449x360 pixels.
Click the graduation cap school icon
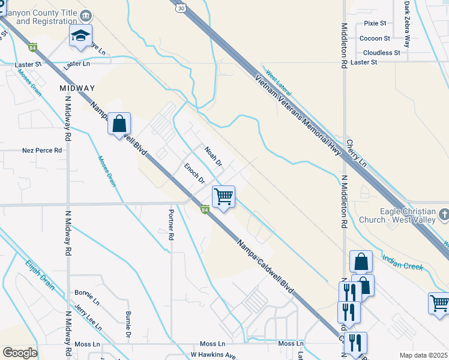[80, 37]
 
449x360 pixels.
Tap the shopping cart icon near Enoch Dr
[223, 196]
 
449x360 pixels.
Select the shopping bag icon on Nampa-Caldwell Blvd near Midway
[119, 124]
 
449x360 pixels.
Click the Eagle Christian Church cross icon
[443, 214]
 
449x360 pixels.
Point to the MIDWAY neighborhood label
[77, 88]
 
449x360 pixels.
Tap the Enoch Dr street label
[195, 173]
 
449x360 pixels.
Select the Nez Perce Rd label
[42, 151]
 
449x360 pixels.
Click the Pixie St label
[375, 23]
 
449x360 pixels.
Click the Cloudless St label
[381, 53]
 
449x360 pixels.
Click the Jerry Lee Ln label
[88, 314]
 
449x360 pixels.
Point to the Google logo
[19, 353]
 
